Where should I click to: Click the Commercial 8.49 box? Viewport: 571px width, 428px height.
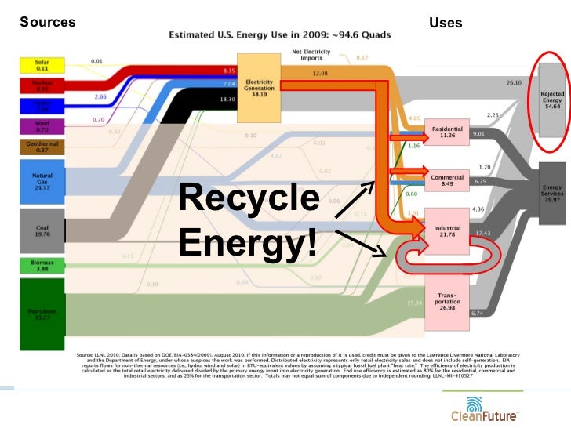[x=447, y=181]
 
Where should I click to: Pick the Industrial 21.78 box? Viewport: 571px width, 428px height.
[x=447, y=230]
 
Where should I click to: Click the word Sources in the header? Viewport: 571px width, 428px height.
[x=47, y=22]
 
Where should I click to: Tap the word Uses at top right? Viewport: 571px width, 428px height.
[x=446, y=24]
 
